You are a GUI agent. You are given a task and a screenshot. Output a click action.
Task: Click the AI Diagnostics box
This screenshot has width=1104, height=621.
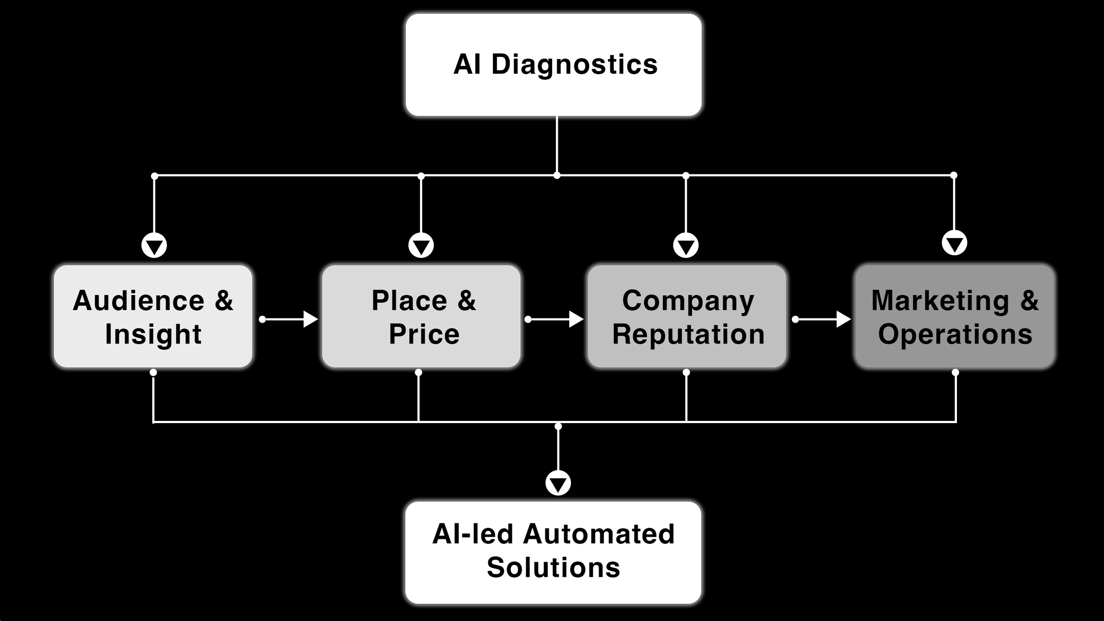click(553, 65)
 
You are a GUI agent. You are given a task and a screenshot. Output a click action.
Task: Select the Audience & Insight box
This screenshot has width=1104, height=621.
click(153, 316)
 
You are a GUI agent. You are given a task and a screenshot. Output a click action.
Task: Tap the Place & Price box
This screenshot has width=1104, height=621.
click(421, 316)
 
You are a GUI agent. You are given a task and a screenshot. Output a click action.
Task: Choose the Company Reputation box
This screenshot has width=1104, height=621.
click(687, 316)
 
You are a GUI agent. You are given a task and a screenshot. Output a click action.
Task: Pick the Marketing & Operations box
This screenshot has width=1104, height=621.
click(954, 316)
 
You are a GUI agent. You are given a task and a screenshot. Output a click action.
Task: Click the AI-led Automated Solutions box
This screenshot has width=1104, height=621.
click(553, 552)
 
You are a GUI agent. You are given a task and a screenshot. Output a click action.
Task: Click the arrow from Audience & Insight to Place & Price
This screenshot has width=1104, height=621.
click(289, 319)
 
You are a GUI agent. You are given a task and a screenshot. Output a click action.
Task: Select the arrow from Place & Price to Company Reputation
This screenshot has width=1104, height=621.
click(555, 319)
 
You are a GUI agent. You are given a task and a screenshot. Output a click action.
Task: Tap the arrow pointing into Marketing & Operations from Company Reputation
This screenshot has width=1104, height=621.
click(822, 319)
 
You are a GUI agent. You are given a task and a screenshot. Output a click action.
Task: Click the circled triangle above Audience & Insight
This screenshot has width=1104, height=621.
click(154, 246)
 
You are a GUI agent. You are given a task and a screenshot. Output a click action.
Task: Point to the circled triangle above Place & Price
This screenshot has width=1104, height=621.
click(421, 246)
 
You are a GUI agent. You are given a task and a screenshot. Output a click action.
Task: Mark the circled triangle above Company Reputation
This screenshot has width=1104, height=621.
click(685, 246)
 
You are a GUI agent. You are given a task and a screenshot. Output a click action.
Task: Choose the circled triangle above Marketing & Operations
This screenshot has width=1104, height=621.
click(954, 243)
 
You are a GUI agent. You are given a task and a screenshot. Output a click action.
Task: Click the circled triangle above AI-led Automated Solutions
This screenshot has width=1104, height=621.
click(558, 483)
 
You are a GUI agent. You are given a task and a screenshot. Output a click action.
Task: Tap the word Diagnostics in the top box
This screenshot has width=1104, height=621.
click(574, 65)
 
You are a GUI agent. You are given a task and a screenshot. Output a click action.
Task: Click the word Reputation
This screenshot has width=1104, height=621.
click(688, 334)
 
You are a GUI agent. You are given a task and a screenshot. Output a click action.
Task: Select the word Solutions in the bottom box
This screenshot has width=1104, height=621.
click(553, 568)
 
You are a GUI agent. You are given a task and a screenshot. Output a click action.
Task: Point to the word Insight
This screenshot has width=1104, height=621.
click(153, 334)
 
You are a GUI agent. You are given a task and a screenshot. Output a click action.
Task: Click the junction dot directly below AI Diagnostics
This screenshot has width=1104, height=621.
click(557, 176)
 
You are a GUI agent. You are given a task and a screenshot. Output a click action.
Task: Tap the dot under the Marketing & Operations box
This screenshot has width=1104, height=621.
click(955, 372)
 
